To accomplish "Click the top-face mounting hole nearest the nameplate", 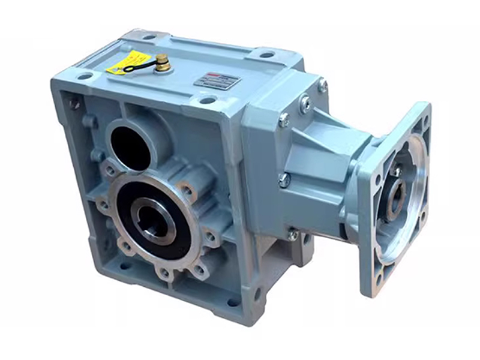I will (208, 100).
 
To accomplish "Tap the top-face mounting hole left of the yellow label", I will (85, 76).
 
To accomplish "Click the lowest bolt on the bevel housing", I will (292, 235).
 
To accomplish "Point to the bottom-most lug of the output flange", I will (165, 273).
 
